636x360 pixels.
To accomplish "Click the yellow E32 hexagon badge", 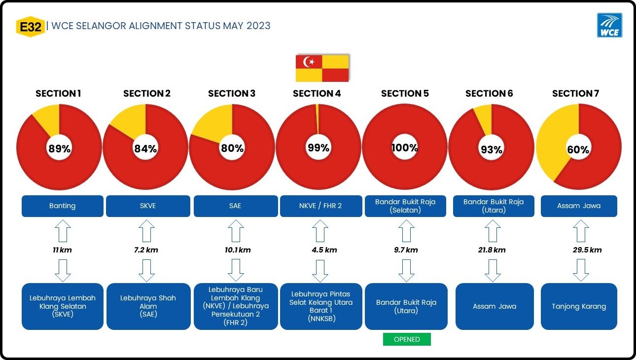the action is [31, 27].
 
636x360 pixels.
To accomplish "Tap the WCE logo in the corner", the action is [609, 25].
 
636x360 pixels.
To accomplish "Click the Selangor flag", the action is [322, 69].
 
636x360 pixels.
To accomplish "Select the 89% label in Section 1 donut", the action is [59, 148].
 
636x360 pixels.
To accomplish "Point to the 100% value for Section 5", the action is [405, 147].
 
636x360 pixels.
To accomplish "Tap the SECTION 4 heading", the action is [317, 93].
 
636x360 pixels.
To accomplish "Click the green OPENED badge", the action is [407, 339].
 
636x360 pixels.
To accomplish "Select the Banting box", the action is [63, 206].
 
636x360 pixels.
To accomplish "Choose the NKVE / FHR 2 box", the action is [321, 206].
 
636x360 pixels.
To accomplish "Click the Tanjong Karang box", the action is [579, 306].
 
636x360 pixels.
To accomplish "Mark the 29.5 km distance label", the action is [587, 250].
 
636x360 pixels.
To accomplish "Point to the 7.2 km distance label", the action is [146, 250].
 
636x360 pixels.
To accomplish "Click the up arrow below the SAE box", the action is [236, 231].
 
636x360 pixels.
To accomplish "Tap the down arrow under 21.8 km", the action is [493, 270].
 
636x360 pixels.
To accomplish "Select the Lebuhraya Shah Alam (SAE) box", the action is [148, 306].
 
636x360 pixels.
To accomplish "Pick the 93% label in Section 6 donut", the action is [492, 149].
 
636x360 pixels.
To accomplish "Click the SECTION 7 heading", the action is [575, 93].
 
